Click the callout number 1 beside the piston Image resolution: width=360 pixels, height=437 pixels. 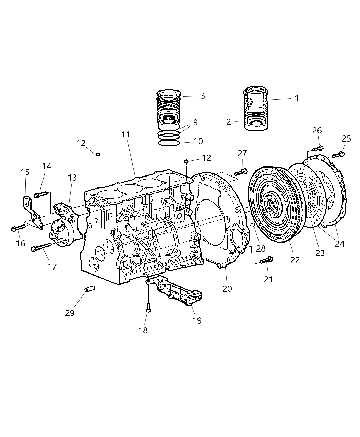click(297, 98)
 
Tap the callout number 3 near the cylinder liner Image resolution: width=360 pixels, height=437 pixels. click(203, 96)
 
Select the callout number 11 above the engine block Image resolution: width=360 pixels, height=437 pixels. click(126, 135)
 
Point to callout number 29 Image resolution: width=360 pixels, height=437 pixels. click(70, 313)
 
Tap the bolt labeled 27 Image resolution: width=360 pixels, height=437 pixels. click(241, 172)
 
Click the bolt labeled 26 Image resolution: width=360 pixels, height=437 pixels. click(318, 149)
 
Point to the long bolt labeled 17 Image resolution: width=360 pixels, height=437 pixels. click(41, 247)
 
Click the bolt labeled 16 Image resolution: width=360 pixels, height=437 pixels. click(19, 228)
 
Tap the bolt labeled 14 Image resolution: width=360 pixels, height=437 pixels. click(40, 195)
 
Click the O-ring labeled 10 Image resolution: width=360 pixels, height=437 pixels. click(169, 142)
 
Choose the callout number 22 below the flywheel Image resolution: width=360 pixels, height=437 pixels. click(295, 260)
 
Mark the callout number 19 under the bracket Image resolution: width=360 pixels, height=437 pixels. click(197, 320)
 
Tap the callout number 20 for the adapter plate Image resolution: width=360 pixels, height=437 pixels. click(227, 289)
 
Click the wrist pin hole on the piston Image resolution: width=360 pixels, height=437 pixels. click(250, 102)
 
